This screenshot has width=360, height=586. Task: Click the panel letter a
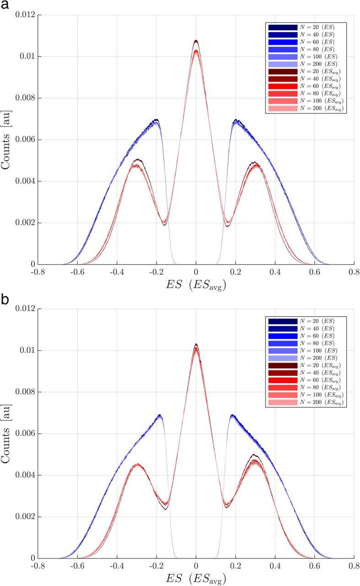tap(5, 6)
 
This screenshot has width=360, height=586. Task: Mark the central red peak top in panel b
tap(196, 344)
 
